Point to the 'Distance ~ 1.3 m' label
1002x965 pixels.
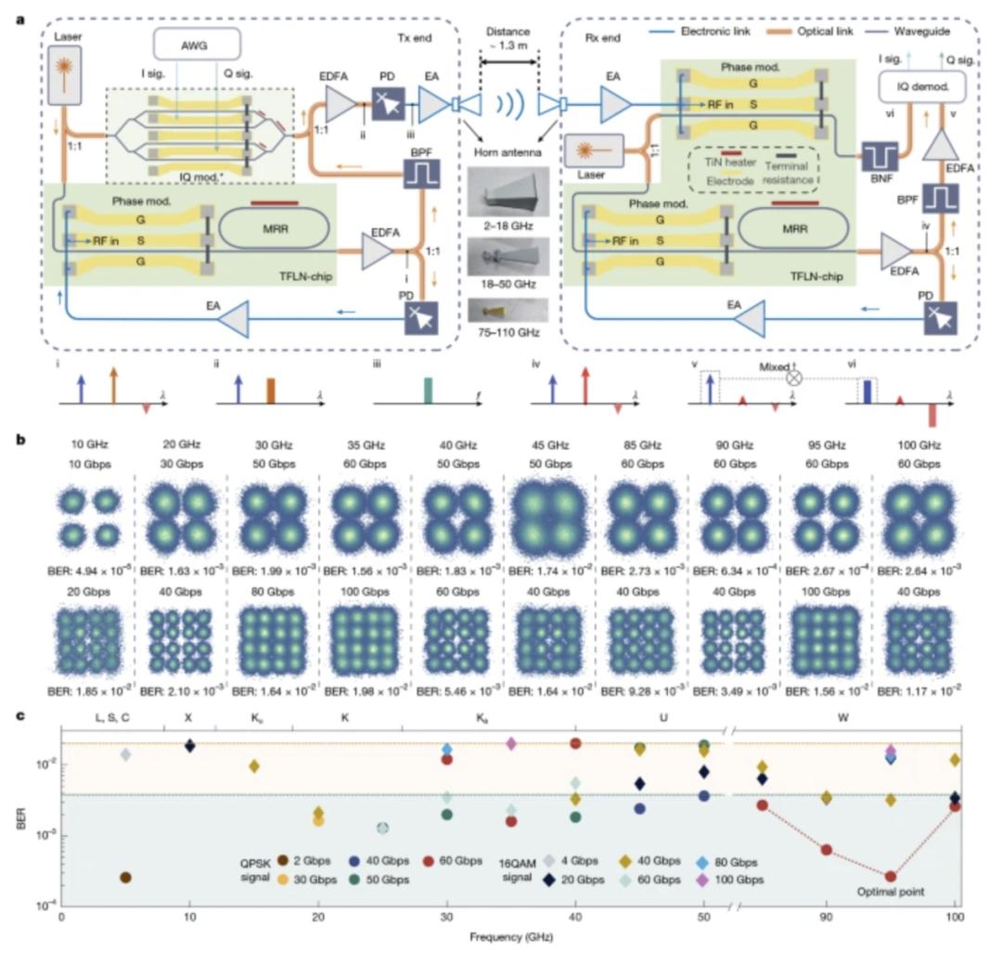pyautogui.click(x=507, y=44)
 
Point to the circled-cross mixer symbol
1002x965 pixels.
pyautogui.click(x=793, y=379)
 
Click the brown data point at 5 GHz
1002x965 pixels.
pyautogui.click(x=125, y=877)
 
